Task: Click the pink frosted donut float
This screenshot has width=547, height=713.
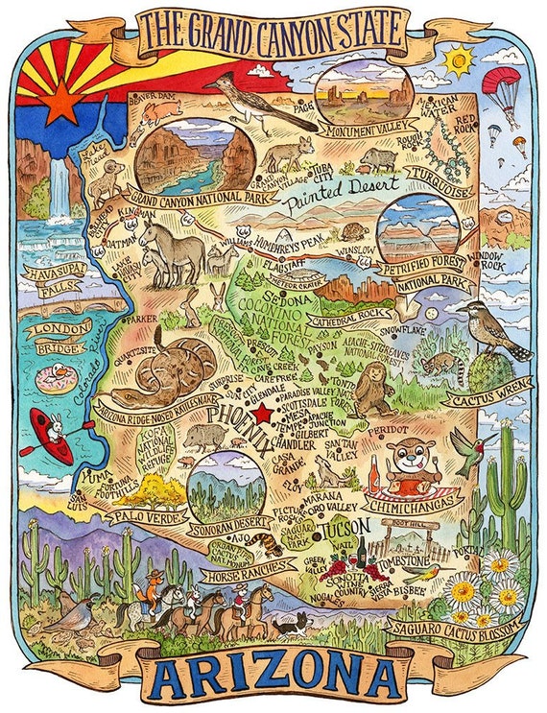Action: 55,378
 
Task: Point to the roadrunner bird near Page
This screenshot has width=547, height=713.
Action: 251,96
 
